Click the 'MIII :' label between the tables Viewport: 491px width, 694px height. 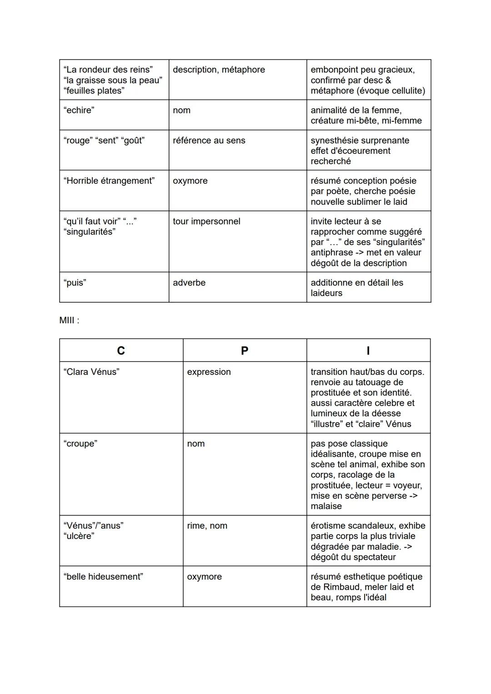69,320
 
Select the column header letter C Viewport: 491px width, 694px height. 121,350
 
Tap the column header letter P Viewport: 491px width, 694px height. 245,350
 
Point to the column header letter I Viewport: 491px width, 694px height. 368,350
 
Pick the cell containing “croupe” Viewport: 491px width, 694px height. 80,444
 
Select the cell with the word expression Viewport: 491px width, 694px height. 209,372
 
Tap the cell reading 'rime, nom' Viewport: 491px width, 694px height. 207,526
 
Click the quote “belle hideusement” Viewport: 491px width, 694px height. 103,577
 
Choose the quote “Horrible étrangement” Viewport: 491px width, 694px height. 109,181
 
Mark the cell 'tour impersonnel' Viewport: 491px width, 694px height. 206,221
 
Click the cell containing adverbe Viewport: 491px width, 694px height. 189,283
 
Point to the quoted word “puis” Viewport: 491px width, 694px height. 75,283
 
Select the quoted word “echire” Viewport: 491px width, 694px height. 79,110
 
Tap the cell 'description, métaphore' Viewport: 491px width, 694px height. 219,70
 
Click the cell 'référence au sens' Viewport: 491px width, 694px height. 209,140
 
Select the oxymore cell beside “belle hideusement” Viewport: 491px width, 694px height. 204,577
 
